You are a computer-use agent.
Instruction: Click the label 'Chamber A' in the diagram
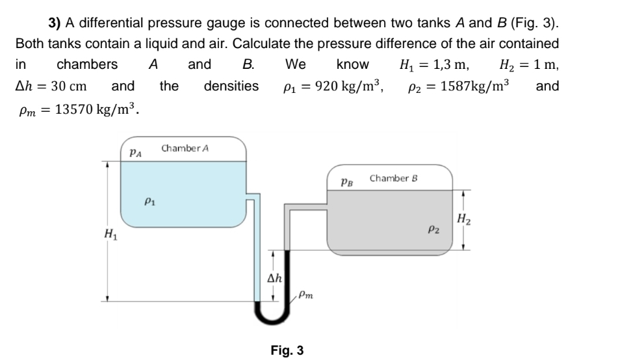pyautogui.click(x=185, y=148)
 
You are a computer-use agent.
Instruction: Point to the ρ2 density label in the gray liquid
pyautogui.click(x=433, y=229)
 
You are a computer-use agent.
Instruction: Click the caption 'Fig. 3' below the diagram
pyautogui.click(x=287, y=351)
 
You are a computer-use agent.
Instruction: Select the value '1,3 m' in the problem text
pyautogui.click(x=453, y=64)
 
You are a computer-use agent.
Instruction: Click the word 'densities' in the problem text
pyautogui.click(x=231, y=86)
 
